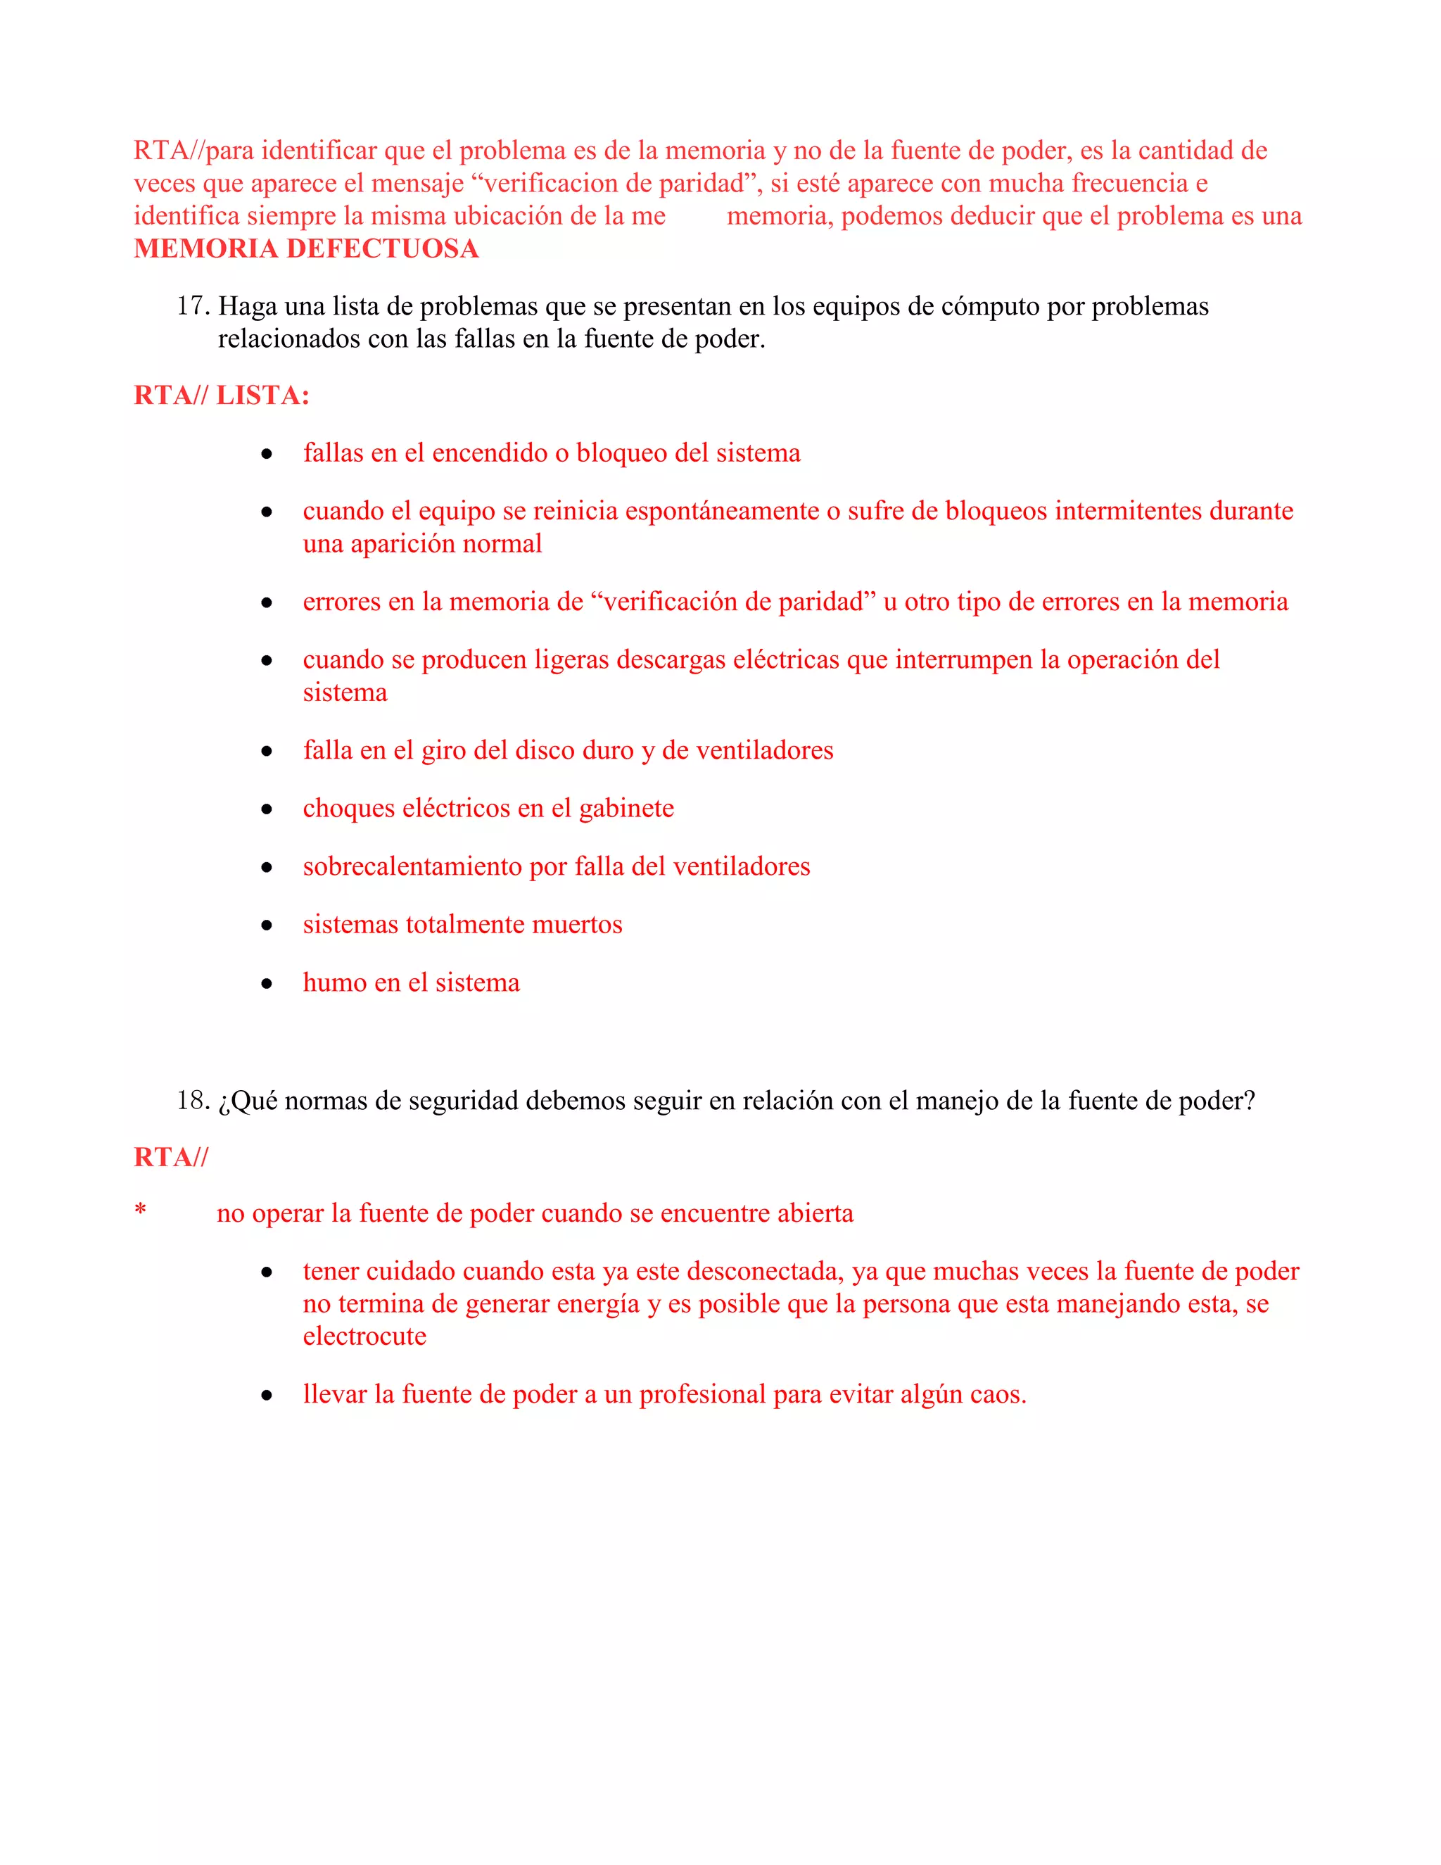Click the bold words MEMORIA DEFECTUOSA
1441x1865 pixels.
[x=305, y=248]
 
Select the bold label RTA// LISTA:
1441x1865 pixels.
[x=221, y=396]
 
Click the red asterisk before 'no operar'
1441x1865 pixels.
[x=141, y=1211]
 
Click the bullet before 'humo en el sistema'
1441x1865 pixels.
[x=267, y=984]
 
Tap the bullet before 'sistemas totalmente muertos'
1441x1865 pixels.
[x=267, y=925]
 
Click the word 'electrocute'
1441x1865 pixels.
[x=364, y=1336]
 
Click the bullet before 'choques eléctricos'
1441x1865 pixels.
[x=267, y=809]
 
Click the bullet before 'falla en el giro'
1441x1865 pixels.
[x=267, y=752]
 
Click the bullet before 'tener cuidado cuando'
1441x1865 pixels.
[x=267, y=1272]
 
